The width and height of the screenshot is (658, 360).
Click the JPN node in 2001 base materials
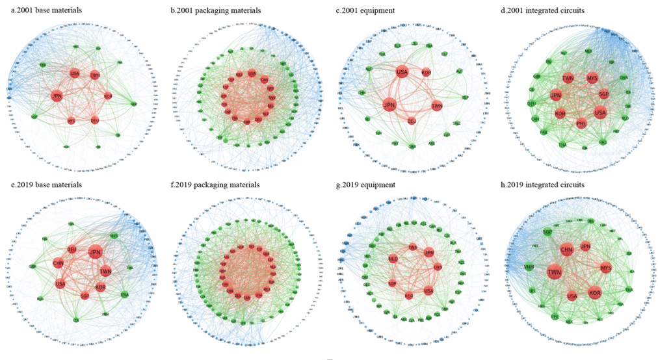[x=57, y=96]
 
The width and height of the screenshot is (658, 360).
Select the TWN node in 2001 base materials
[x=95, y=75]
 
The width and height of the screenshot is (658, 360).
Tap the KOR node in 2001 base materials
[x=108, y=97]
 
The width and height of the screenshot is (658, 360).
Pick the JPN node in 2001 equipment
[x=389, y=105]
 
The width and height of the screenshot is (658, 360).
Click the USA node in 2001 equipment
[x=402, y=71]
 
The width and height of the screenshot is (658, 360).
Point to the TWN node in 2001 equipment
[x=437, y=106]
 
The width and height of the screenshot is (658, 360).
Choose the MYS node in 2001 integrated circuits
[x=592, y=78]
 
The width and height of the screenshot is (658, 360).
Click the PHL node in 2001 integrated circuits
[x=581, y=122]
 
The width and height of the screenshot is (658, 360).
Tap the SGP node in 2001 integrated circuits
[x=603, y=94]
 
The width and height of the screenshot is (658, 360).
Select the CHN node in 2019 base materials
[x=58, y=264]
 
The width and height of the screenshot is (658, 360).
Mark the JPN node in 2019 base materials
[x=95, y=252]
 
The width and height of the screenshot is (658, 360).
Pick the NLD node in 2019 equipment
[x=393, y=259]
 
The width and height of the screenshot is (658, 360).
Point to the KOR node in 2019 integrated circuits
[x=594, y=293]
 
